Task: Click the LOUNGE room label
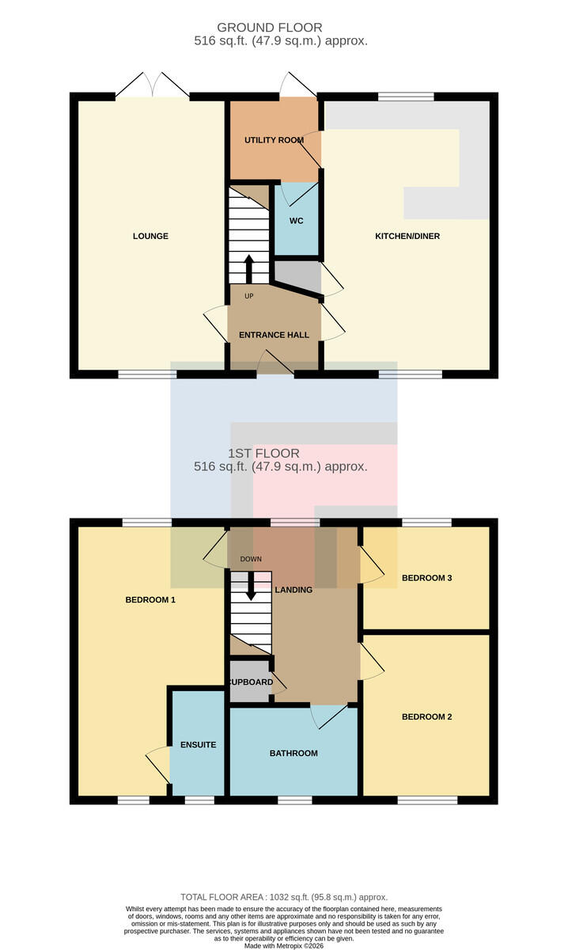pos(150,236)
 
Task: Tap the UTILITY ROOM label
pos(275,140)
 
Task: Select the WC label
pos(297,221)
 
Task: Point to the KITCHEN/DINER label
pos(407,236)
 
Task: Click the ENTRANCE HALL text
pos(274,335)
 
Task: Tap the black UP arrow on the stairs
pos(249,269)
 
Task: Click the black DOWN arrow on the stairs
pos(251,586)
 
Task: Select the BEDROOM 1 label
pos(150,600)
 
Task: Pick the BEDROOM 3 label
pos(427,578)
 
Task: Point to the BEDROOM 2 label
pos(427,716)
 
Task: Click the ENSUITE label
pos(198,745)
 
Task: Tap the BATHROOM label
pos(293,753)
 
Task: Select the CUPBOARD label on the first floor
pos(251,682)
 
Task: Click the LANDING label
pos(293,590)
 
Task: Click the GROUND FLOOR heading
pos(270,28)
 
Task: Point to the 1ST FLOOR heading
pos(263,453)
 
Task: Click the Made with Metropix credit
pos(284,946)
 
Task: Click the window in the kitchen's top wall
pos(406,97)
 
